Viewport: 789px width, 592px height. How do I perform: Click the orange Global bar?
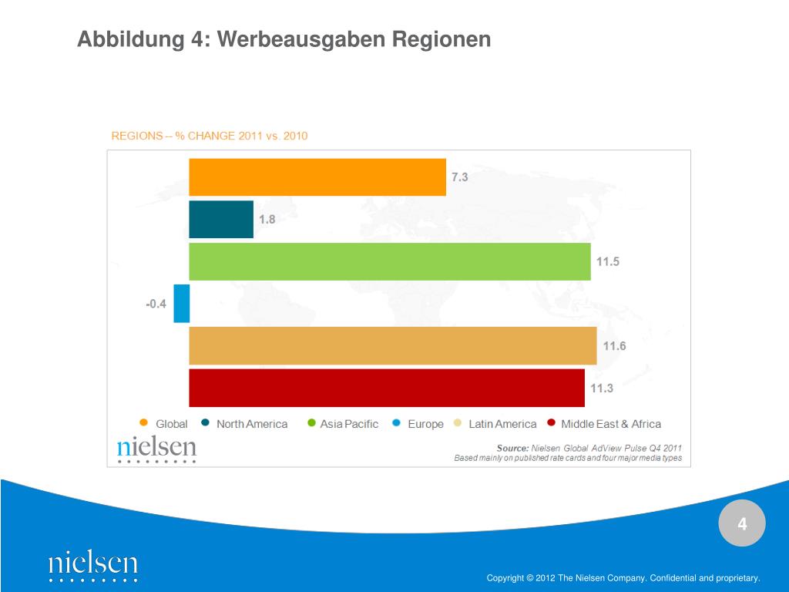[317, 177]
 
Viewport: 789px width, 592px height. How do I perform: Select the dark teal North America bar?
[221, 219]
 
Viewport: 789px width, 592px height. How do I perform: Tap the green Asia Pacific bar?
[390, 261]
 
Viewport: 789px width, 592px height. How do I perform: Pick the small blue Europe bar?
[182, 303]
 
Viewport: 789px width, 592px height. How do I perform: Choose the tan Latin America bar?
[393, 345]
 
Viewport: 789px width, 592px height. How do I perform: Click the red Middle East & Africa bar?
[387, 388]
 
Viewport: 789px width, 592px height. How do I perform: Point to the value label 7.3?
[460, 177]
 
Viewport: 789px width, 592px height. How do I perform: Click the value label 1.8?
[267, 220]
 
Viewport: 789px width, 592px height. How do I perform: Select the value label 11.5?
[607, 262]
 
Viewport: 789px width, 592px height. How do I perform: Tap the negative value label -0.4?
[156, 304]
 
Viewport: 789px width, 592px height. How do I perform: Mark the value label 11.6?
[614, 346]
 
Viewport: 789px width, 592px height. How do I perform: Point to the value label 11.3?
[602, 388]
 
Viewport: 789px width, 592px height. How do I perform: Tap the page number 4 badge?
[742, 525]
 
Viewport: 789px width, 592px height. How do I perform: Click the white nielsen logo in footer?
[93, 565]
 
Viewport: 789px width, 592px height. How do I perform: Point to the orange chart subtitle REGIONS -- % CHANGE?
[210, 136]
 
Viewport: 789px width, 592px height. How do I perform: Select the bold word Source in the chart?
[512, 448]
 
